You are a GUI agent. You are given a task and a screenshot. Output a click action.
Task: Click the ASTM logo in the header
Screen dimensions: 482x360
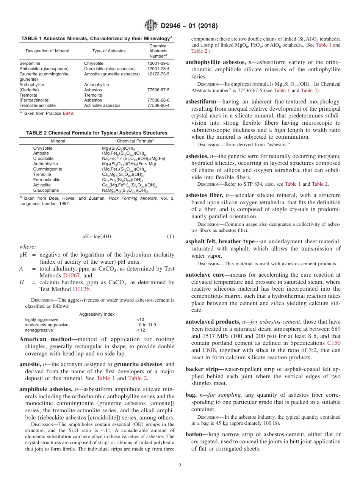click(x=151, y=26)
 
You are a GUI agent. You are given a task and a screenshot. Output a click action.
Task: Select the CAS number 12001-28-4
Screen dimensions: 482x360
click(x=158, y=69)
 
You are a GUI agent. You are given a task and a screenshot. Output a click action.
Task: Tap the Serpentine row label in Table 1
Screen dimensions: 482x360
click(x=30, y=63)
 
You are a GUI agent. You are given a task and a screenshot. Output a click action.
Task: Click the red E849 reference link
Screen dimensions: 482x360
click(x=68, y=113)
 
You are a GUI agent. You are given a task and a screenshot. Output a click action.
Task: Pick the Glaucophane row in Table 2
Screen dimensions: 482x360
click(x=46, y=190)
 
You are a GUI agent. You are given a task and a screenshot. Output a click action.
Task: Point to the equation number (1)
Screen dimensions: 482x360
click(x=170, y=236)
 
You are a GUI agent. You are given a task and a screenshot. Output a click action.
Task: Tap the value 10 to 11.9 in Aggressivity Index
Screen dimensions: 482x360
click(x=146, y=325)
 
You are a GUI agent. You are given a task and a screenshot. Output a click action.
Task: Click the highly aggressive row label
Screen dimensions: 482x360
click(x=42, y=319)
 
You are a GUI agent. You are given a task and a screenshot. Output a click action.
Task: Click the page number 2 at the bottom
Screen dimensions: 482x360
click(x=180, y=466)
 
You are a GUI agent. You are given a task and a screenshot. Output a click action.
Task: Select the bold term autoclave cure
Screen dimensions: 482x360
click(x=207, y=275)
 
